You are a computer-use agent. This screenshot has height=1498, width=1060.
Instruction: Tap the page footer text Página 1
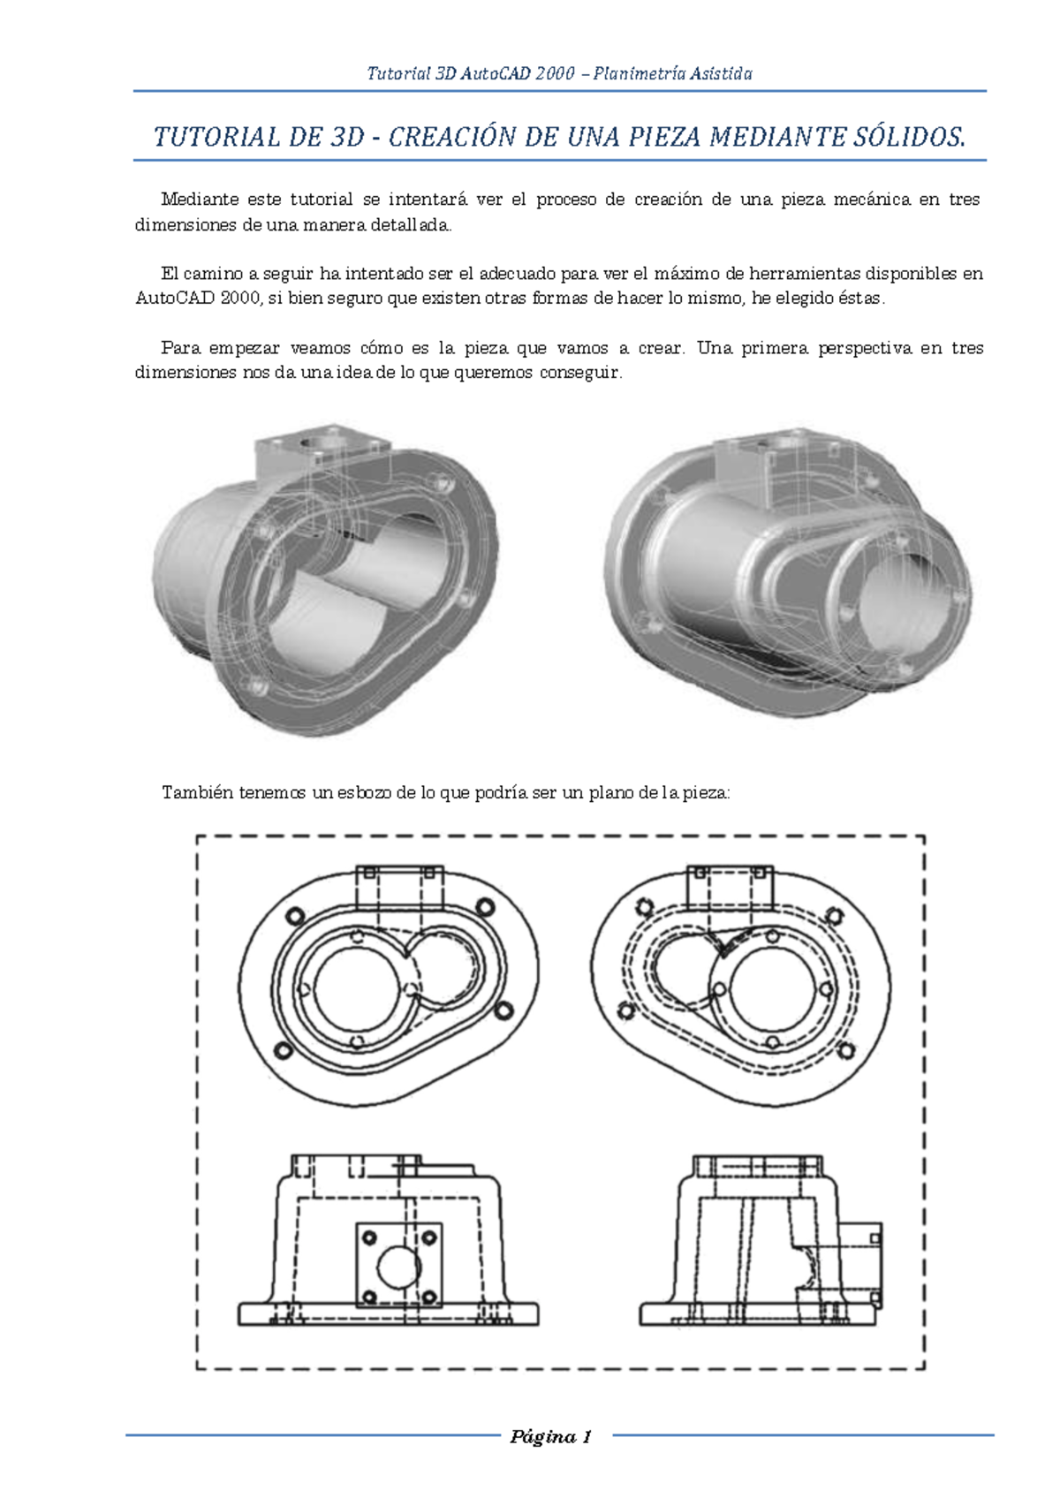(x=550, y=1437)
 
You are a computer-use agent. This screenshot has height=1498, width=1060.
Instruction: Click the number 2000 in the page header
(x=555, y=73)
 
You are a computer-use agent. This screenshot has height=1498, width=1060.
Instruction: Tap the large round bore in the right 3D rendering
(x=910, y=601)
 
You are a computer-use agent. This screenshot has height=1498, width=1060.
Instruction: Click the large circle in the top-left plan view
(x=357, y=990)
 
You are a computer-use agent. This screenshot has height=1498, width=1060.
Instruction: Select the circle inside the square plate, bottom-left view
(x=398, y=1266)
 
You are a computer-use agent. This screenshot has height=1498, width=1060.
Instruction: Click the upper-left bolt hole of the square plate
(x=369, y=1237)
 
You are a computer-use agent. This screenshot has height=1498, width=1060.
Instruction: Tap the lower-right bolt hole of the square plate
(x=428, y=1297)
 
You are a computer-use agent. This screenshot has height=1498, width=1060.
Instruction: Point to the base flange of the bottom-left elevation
(x=387, y=1313)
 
